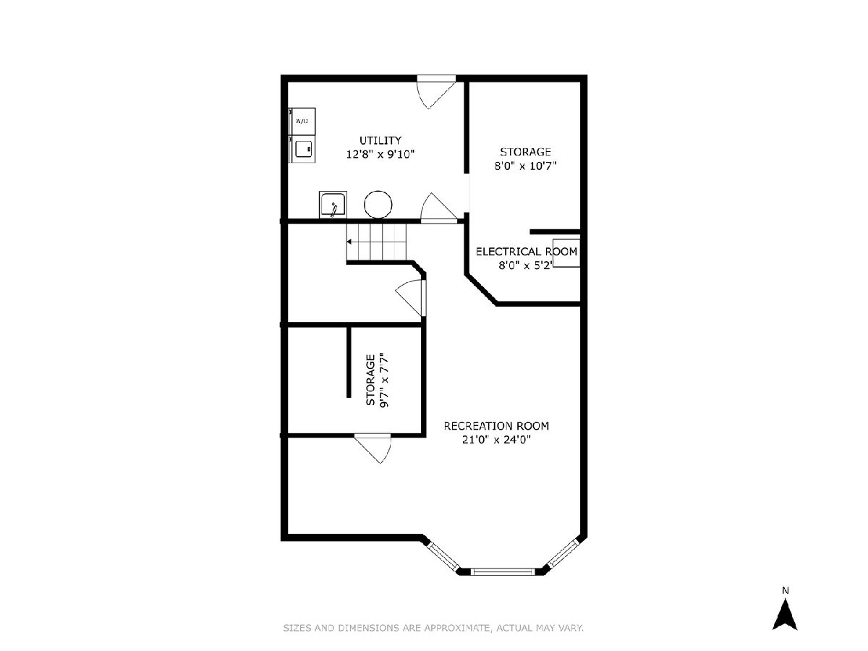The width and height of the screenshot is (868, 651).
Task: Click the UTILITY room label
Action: (x=380, y=140)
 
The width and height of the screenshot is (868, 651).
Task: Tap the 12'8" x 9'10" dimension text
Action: (x=380, y=154)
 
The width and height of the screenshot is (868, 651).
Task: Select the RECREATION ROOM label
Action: (x=496, y=426)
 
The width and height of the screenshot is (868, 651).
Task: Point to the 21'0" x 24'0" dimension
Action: (x=496, y=440)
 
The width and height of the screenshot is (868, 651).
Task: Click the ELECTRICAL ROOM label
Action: (x=527, y=252)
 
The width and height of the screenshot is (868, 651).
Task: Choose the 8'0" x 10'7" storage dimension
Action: (x=525, y=166)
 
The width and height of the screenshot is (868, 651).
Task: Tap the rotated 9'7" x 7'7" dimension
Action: (x=384, y=380)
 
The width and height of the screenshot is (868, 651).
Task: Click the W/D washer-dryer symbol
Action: (x=302, y=122)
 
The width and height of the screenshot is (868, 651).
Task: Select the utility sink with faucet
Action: (x=333, y=205)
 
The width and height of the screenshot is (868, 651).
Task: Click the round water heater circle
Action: (x=378, y=205)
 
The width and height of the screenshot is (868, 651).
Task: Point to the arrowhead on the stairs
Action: (x=349, y=242)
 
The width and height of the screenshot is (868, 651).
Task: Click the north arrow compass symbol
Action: (x=785, y=616)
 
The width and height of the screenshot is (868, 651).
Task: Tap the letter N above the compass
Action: (x=786, y=590)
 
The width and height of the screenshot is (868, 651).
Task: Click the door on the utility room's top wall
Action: (x=437, y=92)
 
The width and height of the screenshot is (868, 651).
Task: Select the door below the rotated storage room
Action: (x=373, y=448)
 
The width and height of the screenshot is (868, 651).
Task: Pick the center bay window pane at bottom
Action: (x=503, y=571)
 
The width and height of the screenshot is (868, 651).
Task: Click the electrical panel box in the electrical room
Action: (x=566, y=253)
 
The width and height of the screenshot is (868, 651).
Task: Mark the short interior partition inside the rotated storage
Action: (x=349, y=362)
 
